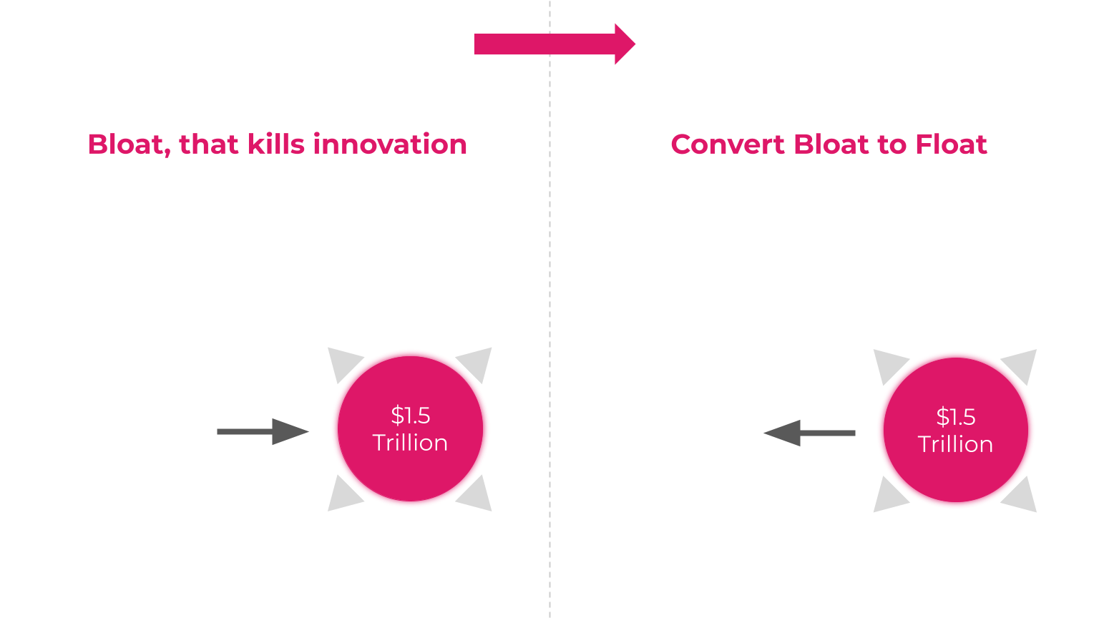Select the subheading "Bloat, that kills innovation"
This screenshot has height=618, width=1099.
[277, 144]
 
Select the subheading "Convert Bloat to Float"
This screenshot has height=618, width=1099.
[829, 144]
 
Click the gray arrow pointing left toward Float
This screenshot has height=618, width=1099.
[809, 433]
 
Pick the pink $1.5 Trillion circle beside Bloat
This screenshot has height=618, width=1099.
[410, 429]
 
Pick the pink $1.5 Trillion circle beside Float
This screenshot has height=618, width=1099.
[955, 431]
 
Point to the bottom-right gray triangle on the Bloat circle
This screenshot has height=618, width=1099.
[477, 496]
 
